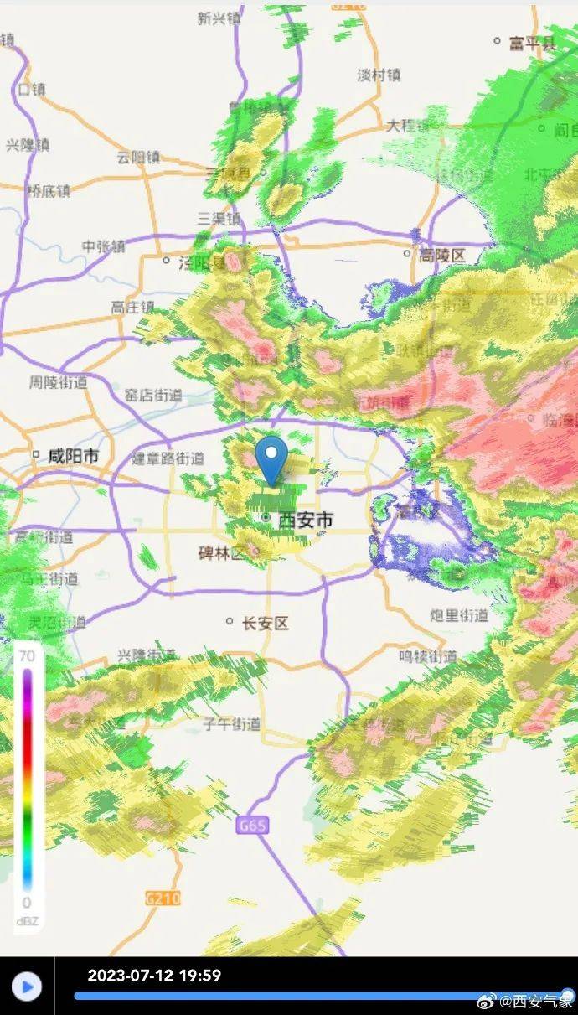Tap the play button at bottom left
pos(27,987)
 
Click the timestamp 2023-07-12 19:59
pos(154,976)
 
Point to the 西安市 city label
pos(305,520)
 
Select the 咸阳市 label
pos(73,457)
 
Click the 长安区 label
pos(265,623)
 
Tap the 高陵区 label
pos(442,255)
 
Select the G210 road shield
pos(163,898)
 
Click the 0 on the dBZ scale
pos(27,903)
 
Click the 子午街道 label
pos(232,723)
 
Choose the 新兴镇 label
pos(220,18)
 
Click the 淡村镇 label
pos(379,75)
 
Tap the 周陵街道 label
pos(58,382)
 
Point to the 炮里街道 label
pos(459,615)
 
